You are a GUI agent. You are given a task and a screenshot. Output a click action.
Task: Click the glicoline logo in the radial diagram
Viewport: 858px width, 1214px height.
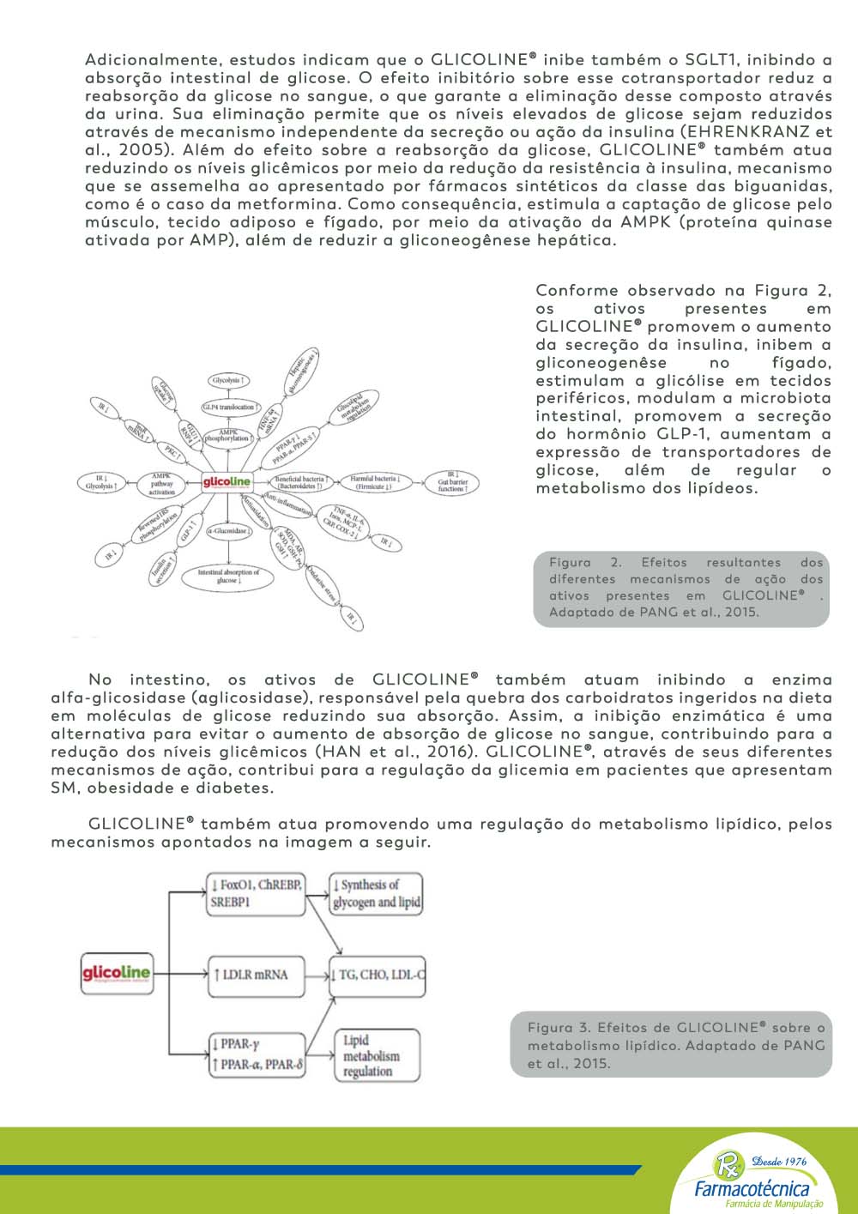tap(227, 483)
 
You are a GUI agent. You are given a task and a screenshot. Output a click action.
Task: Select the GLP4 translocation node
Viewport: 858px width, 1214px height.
tap(228, 407)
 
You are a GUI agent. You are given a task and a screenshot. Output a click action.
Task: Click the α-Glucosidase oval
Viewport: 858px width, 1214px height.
tap(227, 531)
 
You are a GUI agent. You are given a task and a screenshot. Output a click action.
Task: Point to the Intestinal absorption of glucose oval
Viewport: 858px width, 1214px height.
tap(227, 577)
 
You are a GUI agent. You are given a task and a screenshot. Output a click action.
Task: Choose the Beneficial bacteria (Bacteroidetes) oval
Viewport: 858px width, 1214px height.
tap(299, 482)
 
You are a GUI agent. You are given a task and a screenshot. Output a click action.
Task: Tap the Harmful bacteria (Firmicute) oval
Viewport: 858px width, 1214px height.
tap(375, 482)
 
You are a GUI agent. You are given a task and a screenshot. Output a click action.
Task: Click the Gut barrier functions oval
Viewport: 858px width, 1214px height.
tap(452, 481)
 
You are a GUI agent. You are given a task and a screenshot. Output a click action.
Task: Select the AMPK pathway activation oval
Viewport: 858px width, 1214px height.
tap(161, 483)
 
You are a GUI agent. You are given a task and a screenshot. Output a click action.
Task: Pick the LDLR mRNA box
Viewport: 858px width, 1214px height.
tap(256, 975)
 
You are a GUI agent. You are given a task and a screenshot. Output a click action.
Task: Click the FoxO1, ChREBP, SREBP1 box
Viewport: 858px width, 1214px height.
tap(256, 893)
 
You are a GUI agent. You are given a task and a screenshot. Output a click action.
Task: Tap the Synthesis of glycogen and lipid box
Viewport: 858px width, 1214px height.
tap(377, 893)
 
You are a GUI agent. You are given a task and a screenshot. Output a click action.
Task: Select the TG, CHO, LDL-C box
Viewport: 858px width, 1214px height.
tap(378, 975)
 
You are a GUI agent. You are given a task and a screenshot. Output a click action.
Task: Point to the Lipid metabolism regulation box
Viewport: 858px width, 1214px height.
tap(377, 1056)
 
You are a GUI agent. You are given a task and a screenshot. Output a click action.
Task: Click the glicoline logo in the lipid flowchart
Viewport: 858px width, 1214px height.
tap(116, 974)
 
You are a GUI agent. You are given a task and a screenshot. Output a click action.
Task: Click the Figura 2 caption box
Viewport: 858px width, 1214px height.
tap(681, 588)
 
